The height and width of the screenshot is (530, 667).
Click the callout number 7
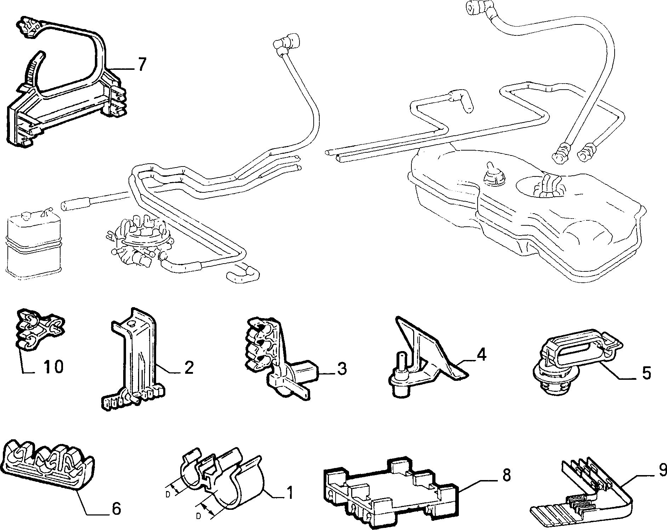[x=142, y=64]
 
